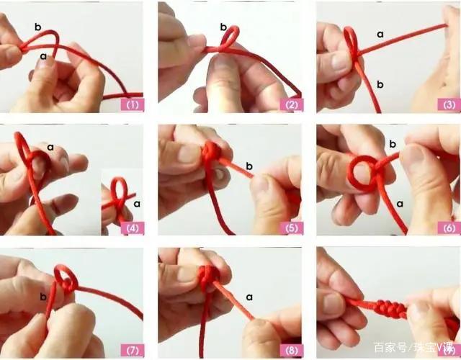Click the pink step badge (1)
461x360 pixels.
pos(133,104)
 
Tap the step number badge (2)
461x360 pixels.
pos(291,104)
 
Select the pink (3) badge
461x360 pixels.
pos(449,104)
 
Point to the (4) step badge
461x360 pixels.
pos(133,228)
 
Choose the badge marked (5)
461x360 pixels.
pos(291,228)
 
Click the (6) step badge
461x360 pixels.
pos(449,228)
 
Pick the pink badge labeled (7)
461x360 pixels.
pos(133,351)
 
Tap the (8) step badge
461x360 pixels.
pos(291,351)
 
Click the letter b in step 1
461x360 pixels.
pos(38,27)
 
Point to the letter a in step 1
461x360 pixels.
pos(43,56)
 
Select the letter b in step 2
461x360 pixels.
pos(223,27)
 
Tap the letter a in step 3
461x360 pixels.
pos(380,35)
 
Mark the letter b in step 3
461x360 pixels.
pos(380,85)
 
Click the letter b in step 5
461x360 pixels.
pos(249,166)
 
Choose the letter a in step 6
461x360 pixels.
pos(400,204)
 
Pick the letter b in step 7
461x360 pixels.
pos(43,297)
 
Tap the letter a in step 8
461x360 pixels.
pos(249,297)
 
